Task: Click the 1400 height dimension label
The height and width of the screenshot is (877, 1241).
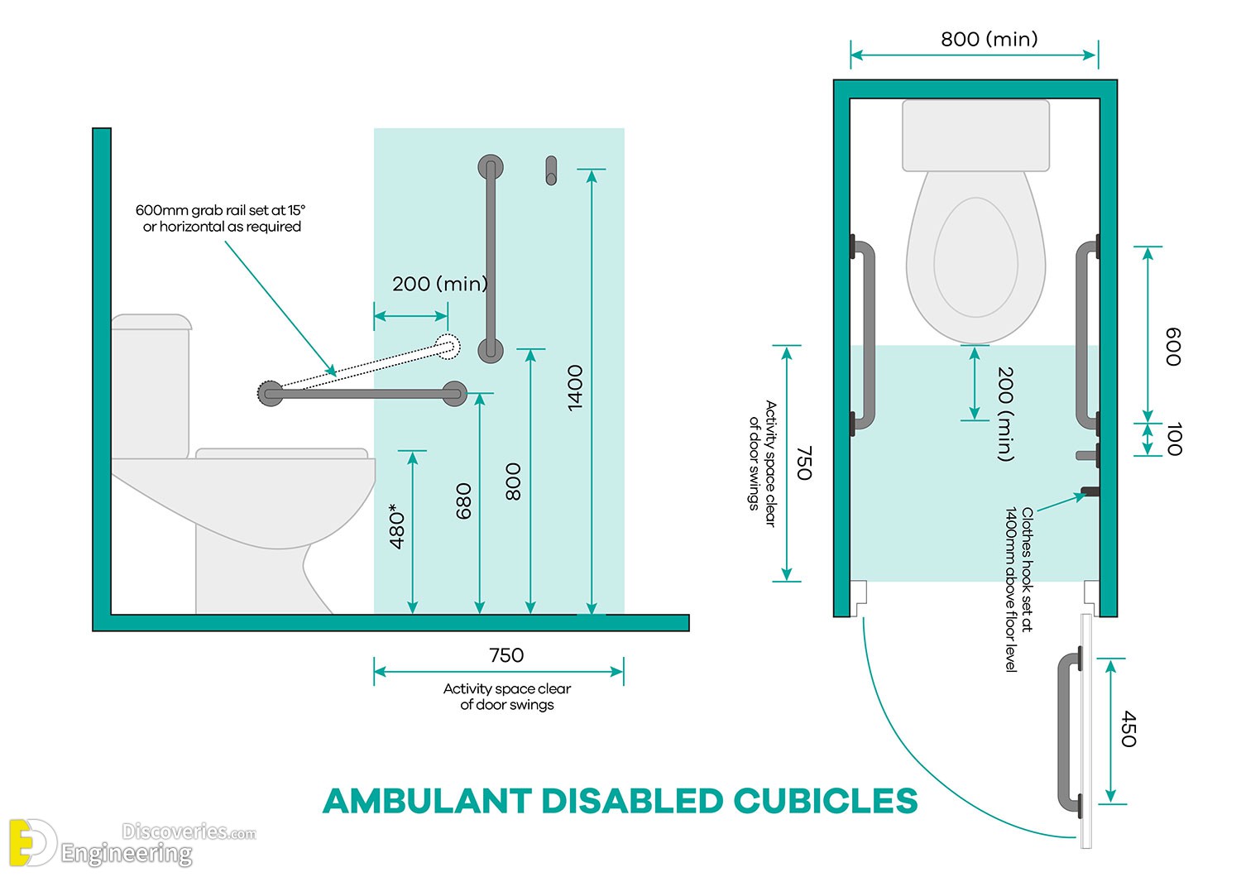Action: (576, 387)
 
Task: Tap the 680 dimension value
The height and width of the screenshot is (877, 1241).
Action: (464, 501)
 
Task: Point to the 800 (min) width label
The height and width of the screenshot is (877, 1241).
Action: (989, 39)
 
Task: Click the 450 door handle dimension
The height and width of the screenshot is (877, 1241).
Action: (1128, 729)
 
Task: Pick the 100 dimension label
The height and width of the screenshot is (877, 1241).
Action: (1174, 438)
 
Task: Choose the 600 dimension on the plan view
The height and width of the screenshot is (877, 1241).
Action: (1173, 347)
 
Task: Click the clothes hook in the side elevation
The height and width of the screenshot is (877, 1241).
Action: (551, 170)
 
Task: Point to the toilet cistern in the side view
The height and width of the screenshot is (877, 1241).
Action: (151, 385)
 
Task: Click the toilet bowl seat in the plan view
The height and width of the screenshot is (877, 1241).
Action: (976, 256)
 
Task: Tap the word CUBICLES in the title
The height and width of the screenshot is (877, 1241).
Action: (825, 801)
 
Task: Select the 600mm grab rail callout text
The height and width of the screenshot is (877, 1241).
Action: (221, 218)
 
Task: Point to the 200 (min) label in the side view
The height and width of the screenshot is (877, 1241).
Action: (439, 284)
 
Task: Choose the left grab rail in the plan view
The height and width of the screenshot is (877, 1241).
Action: (864, 335)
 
